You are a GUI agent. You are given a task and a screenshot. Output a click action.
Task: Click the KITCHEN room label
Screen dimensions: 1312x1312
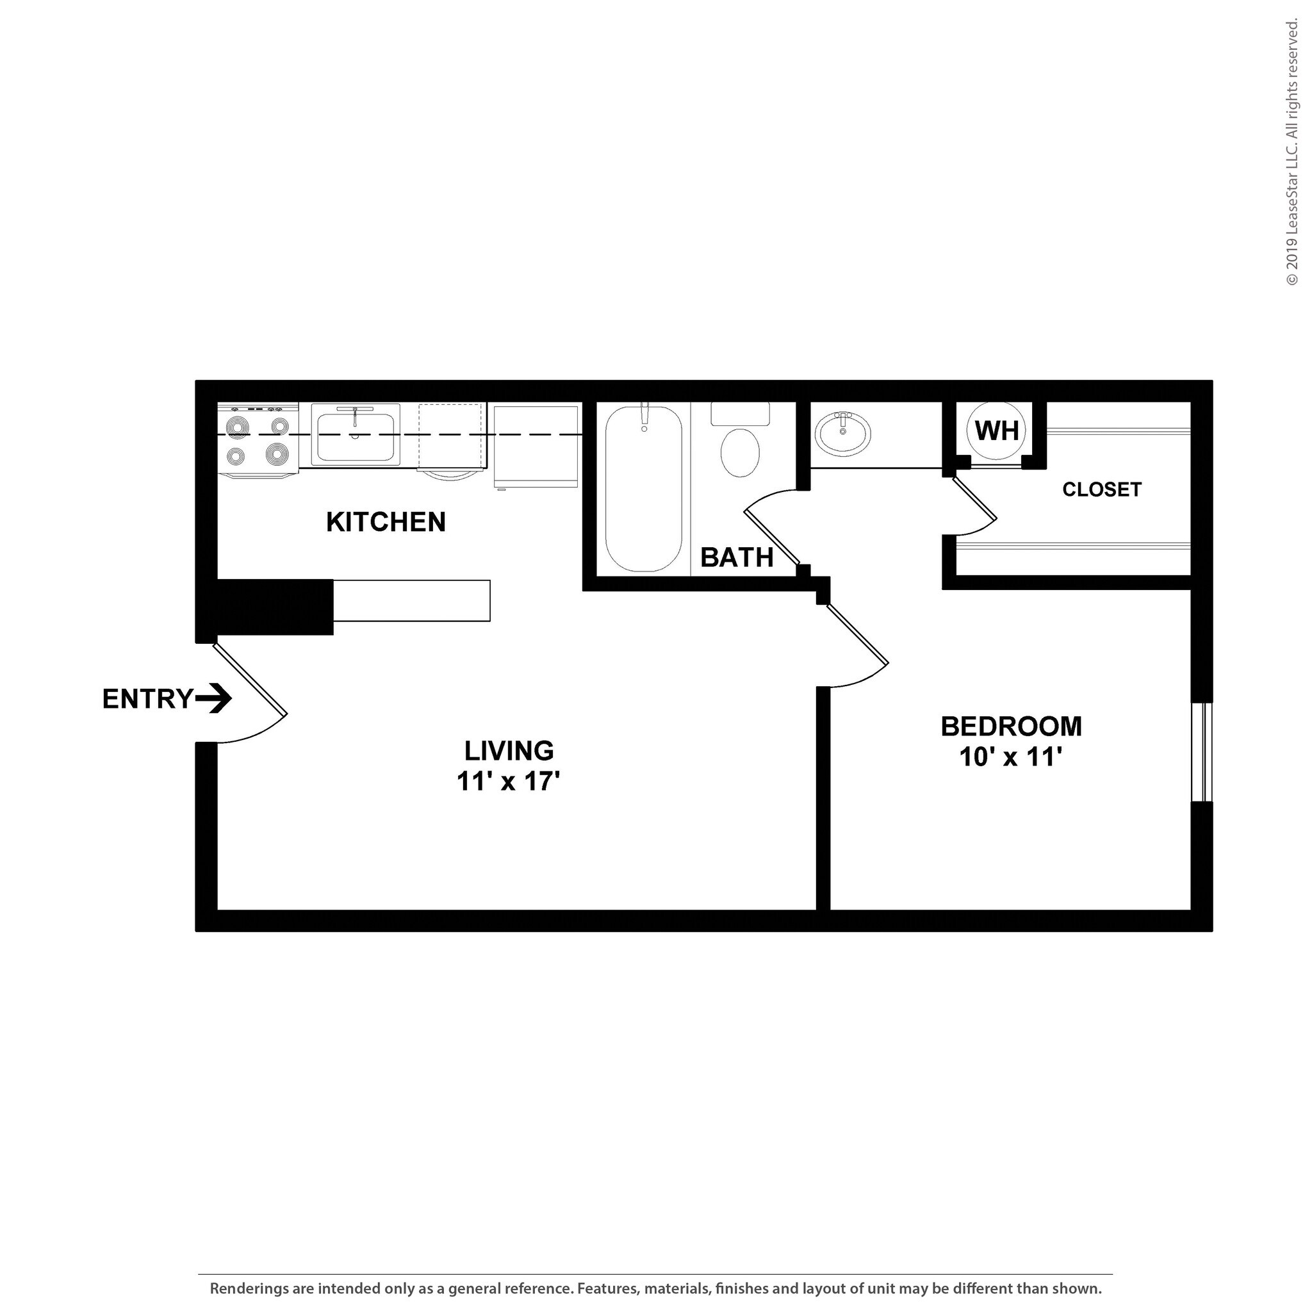[386, 522]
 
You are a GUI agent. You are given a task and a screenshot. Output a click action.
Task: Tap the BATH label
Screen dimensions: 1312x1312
[737, 557]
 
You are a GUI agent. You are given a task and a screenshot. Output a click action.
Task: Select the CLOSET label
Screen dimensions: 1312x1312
[1101, 489]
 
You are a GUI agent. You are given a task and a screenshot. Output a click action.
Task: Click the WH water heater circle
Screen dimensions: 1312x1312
[996, 430]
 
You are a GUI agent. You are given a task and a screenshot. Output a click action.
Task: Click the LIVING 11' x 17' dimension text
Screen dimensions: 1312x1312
[508, 782]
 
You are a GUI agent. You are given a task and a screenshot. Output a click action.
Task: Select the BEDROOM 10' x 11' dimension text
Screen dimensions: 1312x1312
[1010, 757]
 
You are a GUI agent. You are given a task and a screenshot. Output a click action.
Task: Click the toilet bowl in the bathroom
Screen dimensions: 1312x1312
[739, 452]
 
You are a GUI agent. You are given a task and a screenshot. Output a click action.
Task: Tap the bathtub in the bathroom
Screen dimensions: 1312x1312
[643, 488]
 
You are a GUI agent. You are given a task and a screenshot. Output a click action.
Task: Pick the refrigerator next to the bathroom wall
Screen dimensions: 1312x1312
[536, 446]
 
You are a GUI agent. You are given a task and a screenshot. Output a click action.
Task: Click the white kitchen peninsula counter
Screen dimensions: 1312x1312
[411, 600]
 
